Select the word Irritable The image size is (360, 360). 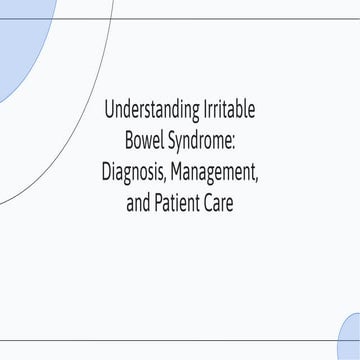click(226, 109)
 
